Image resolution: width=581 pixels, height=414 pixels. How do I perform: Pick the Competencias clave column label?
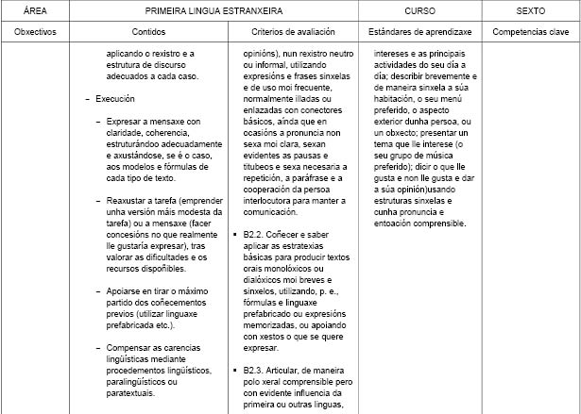(x=530, y=31)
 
